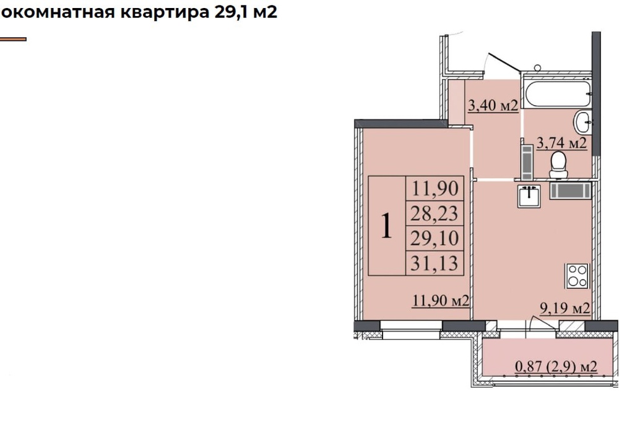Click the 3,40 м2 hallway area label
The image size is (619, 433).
click(493, 106)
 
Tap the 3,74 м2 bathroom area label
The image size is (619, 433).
click(561, 143)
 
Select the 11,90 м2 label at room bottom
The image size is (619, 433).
click(439, 301)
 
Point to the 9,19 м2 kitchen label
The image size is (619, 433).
click(565, 307)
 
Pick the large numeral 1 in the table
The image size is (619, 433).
click(386, 226)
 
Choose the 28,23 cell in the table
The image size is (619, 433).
click(435, 213)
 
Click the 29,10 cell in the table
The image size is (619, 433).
click(435, 239)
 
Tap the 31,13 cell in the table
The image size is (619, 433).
click(435, 264)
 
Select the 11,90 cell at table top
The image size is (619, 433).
click(435, 188)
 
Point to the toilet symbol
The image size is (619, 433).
click(558, 163)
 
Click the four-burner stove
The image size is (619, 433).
click(577, 275)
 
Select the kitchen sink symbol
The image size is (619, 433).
click(529, 195)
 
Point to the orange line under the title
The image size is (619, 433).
click(12, 39)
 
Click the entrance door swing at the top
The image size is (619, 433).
click(503, 66)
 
